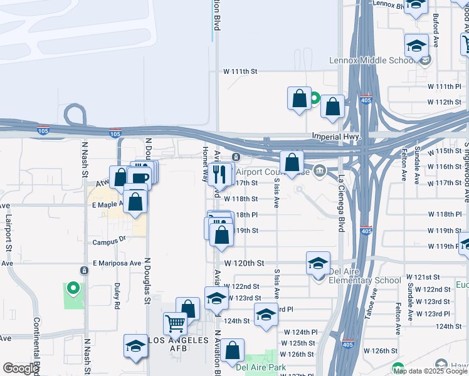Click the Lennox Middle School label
click(371, 61)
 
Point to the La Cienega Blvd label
click(341, 203)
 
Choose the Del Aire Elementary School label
click(364, 280)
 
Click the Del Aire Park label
click(261, 367)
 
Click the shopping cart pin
click(176, 323)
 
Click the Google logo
click(21, 368)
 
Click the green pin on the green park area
click(73, 289)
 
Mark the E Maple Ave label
click(109, 205)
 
